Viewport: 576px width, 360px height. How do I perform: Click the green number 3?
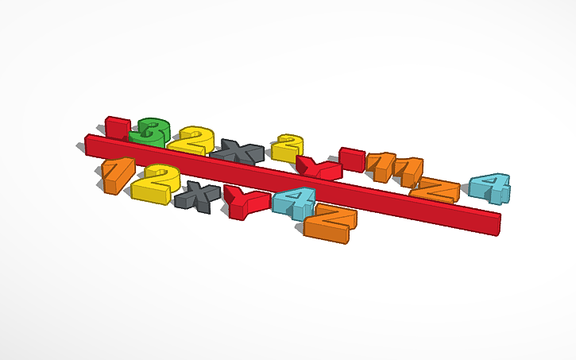(149, 131)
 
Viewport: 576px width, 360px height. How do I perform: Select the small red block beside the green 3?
(117, 126)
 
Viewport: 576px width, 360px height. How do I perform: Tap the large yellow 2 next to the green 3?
(191, 141)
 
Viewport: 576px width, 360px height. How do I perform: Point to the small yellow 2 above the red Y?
(288, 148)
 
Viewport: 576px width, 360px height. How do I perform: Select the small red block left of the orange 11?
(351, 157)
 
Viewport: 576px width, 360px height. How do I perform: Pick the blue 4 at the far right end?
(489, 188)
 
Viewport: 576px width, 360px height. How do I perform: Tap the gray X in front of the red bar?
(195, 195)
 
